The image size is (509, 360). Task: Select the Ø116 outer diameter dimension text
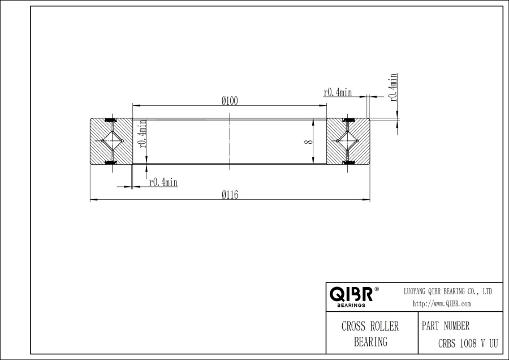[230, 195]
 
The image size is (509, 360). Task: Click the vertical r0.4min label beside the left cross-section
[144, 134]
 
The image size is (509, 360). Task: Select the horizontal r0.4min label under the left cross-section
[163, 182]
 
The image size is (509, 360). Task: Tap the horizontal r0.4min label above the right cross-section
[338, 92]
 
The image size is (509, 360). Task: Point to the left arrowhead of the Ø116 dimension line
[93, 199]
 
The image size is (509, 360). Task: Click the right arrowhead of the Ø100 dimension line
[324, 105]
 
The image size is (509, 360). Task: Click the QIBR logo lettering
[351, 294]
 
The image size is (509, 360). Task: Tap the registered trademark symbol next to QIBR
[377, 289]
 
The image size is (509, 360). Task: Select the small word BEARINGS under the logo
[351, 305]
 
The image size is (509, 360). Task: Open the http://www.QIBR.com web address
[442, 303]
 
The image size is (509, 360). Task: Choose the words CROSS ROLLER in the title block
[370, 327]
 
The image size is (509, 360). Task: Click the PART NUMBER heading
[446, 327]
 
